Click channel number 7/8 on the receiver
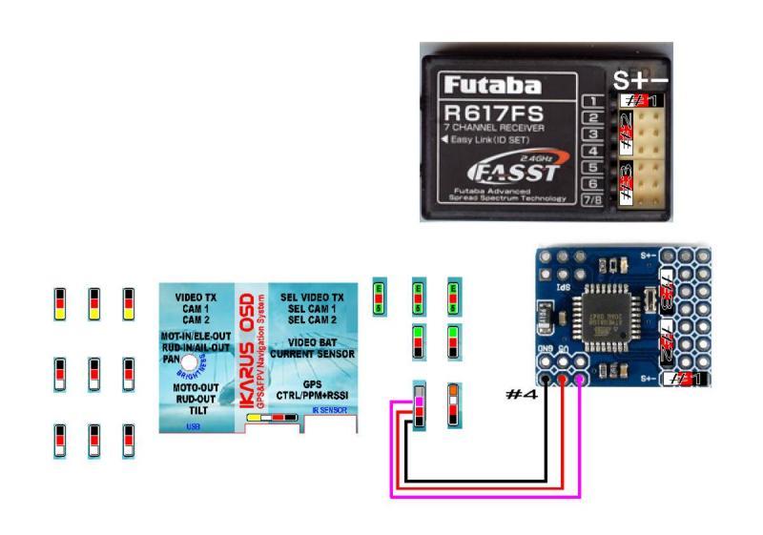click(x=591, y=199)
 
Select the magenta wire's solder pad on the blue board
click(x=580, y=380)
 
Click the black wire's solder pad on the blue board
click(x=547, y=380)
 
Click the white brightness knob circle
click(x=191, y=364)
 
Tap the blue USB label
click(x=194, y=426)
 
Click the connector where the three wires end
click(x=418, y=405)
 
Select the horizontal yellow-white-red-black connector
click(x=274, y=418)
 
